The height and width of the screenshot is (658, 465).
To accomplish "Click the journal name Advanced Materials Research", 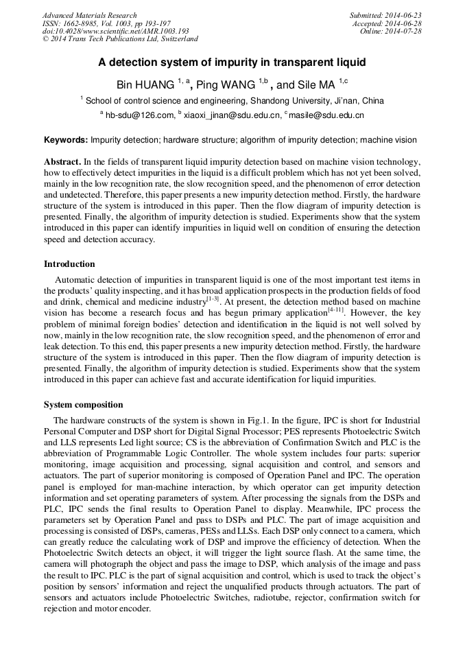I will coord(89,15).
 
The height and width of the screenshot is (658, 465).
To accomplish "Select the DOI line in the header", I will coord(115,32).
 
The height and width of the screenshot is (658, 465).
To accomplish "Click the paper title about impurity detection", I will coord(232,62).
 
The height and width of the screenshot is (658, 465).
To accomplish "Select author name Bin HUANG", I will coord(145,85).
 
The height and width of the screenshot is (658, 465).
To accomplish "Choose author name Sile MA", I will coord(316,85).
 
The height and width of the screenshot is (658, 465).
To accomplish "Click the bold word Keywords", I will coord(66,140).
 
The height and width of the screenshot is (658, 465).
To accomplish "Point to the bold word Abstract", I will coord(62,162).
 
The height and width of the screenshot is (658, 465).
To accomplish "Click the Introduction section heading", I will coord(69,264).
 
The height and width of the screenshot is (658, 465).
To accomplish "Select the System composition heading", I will coord(83,405).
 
